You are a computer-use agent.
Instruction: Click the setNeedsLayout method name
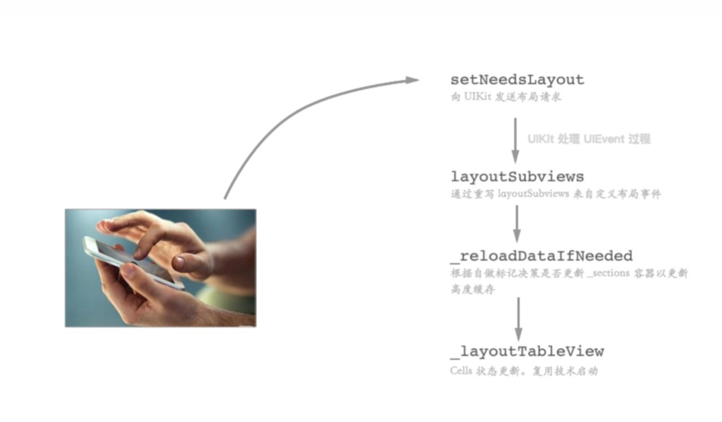tap(517, 80)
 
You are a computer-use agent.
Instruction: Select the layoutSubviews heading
tap(517, 177)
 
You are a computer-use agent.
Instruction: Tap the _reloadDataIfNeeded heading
tap(541, 256)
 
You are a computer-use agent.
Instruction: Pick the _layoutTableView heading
tap(527, 351)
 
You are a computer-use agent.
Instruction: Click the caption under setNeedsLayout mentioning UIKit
tap(506, 96)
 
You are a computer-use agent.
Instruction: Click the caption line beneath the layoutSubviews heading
tap(556, 194)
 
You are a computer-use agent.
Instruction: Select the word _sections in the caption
tap(608, 274)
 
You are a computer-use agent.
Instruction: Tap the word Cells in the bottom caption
tap(461, 371)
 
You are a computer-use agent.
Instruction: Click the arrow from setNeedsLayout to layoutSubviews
tap(516, 140)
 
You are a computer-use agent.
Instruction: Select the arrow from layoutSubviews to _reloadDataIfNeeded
tap(517, 224)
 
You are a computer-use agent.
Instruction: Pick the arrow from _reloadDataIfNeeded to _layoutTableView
tap(518, 319)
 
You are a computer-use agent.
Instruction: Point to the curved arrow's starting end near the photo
tap(225, 198)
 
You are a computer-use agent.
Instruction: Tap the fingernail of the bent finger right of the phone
tap(179, 263)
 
